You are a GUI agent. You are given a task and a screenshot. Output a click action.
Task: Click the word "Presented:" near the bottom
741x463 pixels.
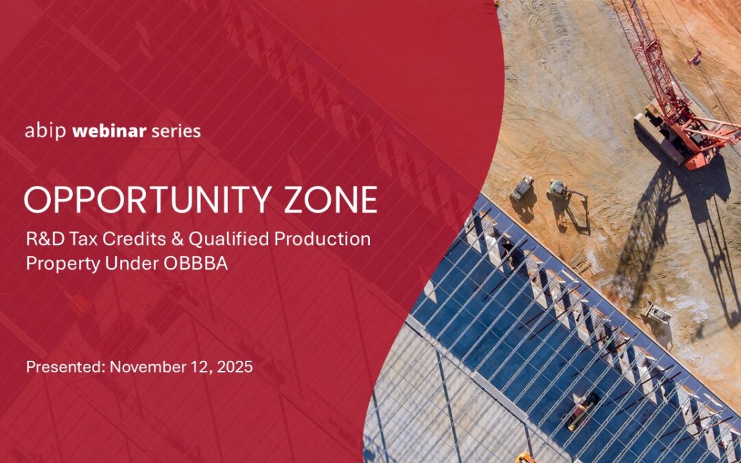[65, 367]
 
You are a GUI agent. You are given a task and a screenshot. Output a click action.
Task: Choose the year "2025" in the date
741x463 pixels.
[234, 367]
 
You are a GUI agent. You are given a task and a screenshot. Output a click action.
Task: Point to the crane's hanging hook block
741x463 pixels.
[695, 59]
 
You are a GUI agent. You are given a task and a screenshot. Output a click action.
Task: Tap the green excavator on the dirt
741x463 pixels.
[559, 189]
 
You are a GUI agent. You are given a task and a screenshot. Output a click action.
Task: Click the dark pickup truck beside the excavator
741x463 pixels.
[522, 188]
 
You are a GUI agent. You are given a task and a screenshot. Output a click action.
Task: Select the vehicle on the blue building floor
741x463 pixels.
[583, 412]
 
